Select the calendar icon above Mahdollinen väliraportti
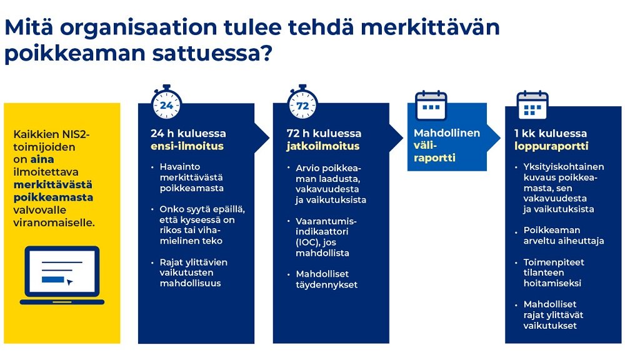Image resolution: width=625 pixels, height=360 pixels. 431,106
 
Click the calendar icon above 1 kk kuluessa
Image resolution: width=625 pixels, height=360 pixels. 532,106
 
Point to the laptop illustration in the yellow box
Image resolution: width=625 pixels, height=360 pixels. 62,276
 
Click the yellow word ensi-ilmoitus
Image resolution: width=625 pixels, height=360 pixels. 187,146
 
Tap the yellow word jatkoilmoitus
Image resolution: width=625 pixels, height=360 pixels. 323,146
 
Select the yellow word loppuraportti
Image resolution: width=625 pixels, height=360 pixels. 551,146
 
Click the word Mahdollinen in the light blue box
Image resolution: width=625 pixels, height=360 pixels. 447,132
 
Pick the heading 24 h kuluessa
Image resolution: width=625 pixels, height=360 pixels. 188,133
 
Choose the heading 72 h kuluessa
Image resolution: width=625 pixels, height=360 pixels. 324,133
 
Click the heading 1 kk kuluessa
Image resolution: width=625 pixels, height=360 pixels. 551,133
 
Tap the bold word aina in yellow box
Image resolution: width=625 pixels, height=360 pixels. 42,159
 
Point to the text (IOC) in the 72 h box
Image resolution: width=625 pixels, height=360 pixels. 305,242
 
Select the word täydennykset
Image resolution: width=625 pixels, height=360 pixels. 326,284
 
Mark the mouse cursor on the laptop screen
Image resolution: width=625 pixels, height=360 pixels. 70,282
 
